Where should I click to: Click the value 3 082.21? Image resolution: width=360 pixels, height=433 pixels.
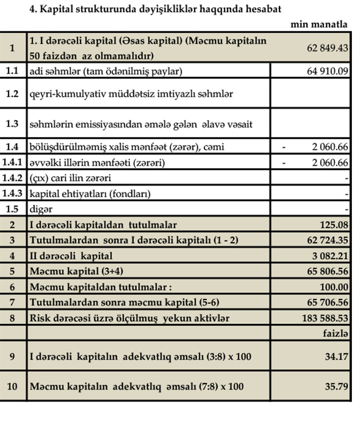tap(330, 256)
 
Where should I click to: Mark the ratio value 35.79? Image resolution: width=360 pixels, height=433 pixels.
tap(338, 386)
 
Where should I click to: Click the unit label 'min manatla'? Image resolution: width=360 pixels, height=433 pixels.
tap(319, 24)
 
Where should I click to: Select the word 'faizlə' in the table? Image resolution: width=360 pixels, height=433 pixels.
tap(336, 333)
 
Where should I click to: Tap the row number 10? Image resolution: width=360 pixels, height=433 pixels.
tap(13, 386)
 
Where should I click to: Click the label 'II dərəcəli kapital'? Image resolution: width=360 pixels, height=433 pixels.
tap(71, 256)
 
